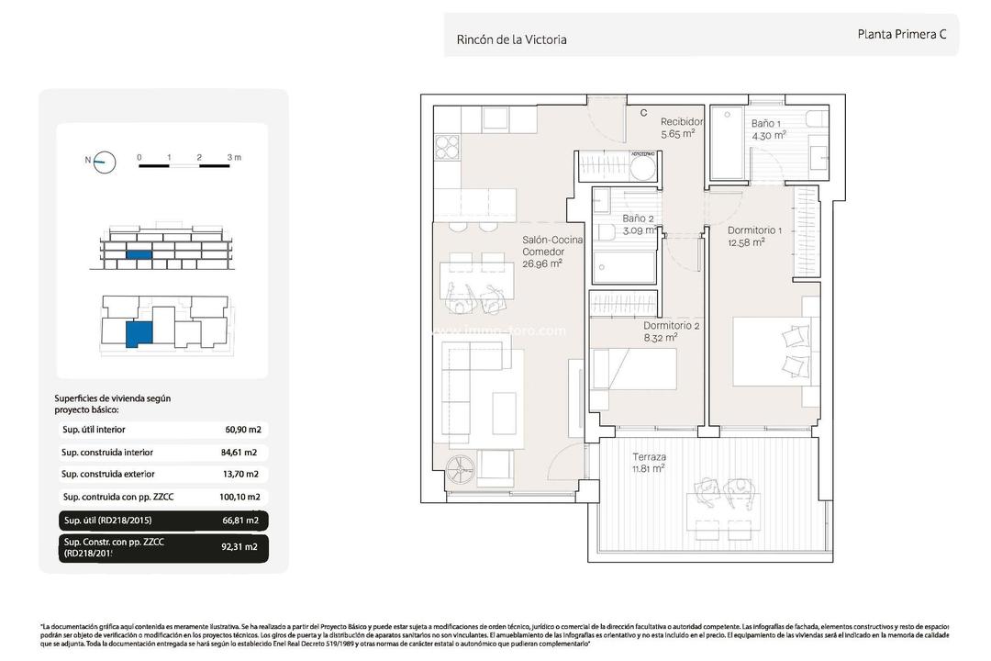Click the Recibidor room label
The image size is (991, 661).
pyautogui.click(x=682, y=121)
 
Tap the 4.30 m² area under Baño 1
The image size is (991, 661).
pyautogui.click(x=769, y=135)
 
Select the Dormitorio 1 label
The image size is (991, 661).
pyautogui.click(x=754, y=230)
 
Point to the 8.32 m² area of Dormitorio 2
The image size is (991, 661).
pyautogui.click(x=660, y=337)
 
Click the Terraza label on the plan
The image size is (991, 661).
pyautogui.click(x=649, y=456)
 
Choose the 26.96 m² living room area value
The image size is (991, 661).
pyautogui.click(x=541, y=263)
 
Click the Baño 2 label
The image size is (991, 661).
pyautogui.click(x=638, y=218)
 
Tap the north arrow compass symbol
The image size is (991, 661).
pyautogui.click(x=105, y=162)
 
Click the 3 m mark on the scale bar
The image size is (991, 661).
pyautogui.click(x=234, y=158)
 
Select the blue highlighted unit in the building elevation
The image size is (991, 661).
pyautogui.click(x=139, y=254)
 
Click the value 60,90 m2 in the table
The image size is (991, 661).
pyautogui.click(x=243, y=430)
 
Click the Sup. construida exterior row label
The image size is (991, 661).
pyautogui.click(x=108, y=475)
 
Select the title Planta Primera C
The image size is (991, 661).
pyautogui.click(x=901, y=34)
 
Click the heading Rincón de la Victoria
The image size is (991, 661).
pyautogui.click(x=511, y=39)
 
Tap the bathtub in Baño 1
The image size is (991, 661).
pyautogui.click(x=729, y=144)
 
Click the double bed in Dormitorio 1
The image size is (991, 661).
pyautogui.click(x=775, y=353)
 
